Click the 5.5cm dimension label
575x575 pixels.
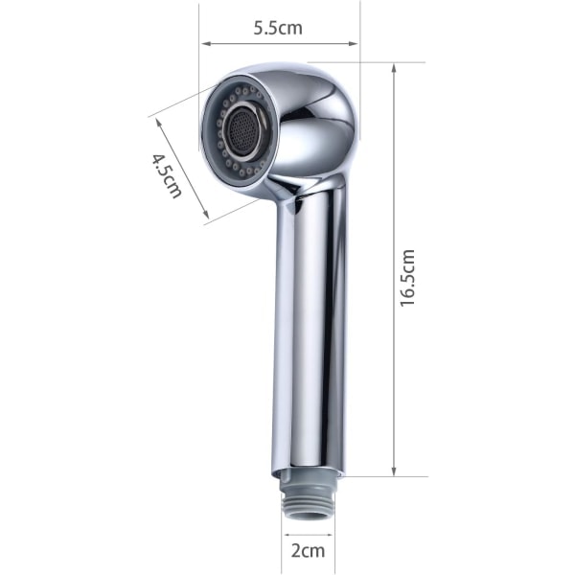(x=278, y=28)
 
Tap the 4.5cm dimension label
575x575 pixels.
(x=167, y=175)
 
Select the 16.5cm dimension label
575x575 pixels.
(x=407, y=278)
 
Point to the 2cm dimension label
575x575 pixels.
(x=308, y=551)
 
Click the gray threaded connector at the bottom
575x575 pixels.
(x=308, y=500)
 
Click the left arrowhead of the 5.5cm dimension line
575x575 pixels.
(x=206, y=44)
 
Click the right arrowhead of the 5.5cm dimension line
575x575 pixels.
(x=353, y=44)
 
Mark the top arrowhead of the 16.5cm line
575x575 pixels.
(x=394, y=69)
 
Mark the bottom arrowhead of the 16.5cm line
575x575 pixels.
(x=394, y=471)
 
